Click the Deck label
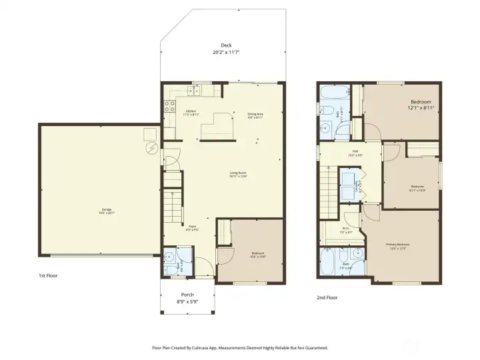coord(225,45)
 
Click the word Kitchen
coord(191,111)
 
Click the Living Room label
coord(239,173)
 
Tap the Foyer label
coord(191,226)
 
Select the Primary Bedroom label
coord(398,245)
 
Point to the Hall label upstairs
coord(347,151)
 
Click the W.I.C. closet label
coord(346,229)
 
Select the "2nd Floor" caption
coord(327,298)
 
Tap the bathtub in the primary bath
coord(329,261)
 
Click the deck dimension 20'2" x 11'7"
coord(226,52)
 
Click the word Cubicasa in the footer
coord(208,347)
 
